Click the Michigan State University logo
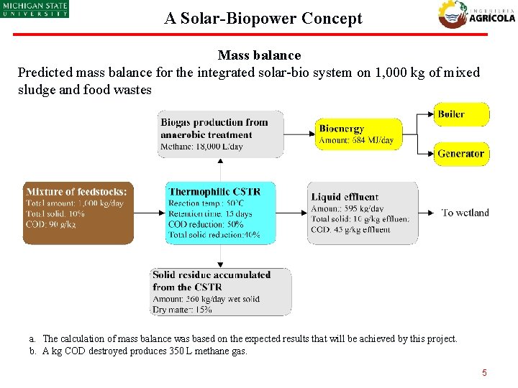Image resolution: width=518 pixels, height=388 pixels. click(x=35, y=9)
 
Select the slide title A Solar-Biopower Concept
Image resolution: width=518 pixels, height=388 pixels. click(x=263, y=19)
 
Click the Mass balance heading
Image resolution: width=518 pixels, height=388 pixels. click(x=259, y=55)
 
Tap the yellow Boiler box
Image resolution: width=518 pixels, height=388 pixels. click(x=461, y=114)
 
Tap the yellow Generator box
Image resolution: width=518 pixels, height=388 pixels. click(x=461, y=154)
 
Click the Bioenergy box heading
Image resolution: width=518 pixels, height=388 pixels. click(x=342, y=129)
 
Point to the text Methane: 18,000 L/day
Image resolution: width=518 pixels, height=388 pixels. click(x=201, y=147)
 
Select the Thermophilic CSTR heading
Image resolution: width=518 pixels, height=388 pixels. click(x=214, y=192)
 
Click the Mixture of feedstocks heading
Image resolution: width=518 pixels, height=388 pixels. click(x=76, y=192)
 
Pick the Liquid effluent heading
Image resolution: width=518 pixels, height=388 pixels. click(x=345, y=197)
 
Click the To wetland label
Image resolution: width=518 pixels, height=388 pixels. click(x=465, y=213)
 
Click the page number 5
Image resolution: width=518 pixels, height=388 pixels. click(x=484, y=373)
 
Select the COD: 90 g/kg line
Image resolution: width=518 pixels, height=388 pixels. click(x=50, y=225)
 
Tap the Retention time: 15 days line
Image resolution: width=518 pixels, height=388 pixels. click(x=210, y=214)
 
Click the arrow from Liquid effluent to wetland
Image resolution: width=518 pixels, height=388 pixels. click(x=427, y=213)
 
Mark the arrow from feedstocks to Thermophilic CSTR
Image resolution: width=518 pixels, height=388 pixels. click(x=150, y=213)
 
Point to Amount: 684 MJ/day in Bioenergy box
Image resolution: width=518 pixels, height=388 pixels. click(x=356, y=140)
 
